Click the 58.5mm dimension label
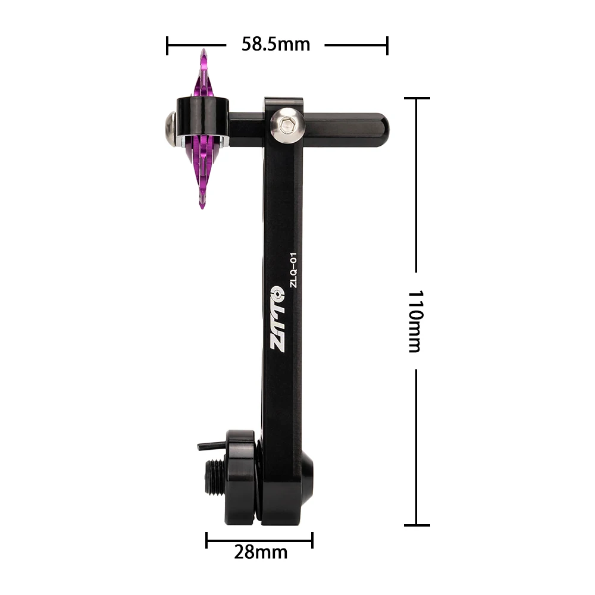(275, 45)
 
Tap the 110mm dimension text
(415, 321)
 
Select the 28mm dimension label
(260, 552)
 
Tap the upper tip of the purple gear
(203, 54)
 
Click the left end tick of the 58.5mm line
(168, 45)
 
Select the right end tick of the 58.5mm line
(387, 45)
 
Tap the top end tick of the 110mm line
(416, 98)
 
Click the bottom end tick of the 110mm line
(416, 525)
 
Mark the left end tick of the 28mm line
(206, 540)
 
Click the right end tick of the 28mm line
(312, 540)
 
